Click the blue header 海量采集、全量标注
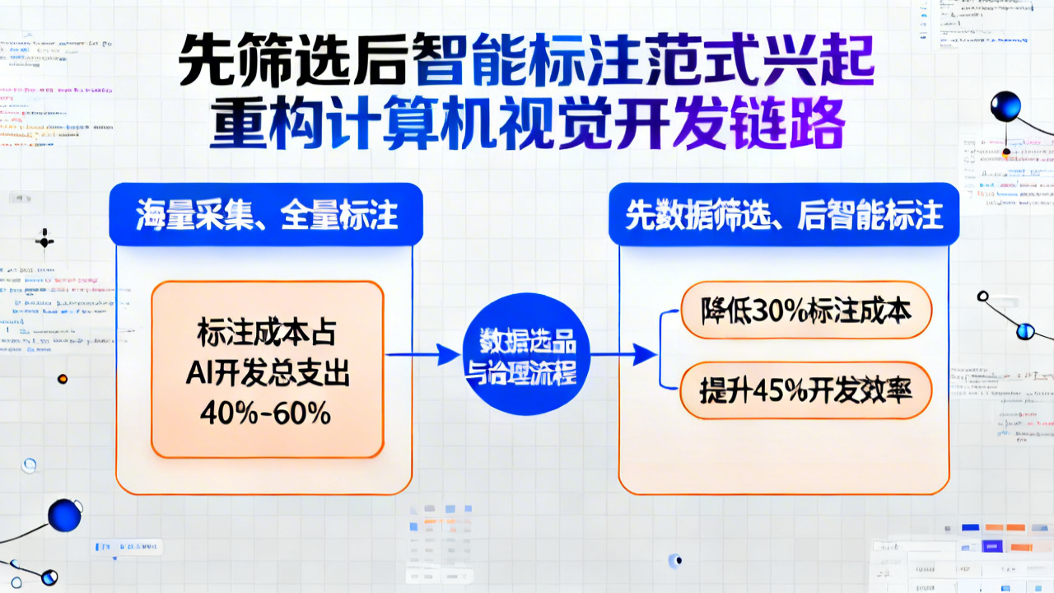[x=266, y=216]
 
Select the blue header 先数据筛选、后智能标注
[x=783, y=216]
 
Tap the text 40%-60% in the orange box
[x=265, y=413]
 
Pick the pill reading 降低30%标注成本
[x=806, y=314]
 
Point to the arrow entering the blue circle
[x=423, y=355]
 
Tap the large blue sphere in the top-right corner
[x=1005, y=107]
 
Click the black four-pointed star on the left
[x=44, y=242]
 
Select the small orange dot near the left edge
[x=62, y=379]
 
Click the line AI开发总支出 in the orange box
[x=265, y=374]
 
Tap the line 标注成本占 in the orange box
[x=265, y=336]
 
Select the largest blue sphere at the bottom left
[x=64, y=516]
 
